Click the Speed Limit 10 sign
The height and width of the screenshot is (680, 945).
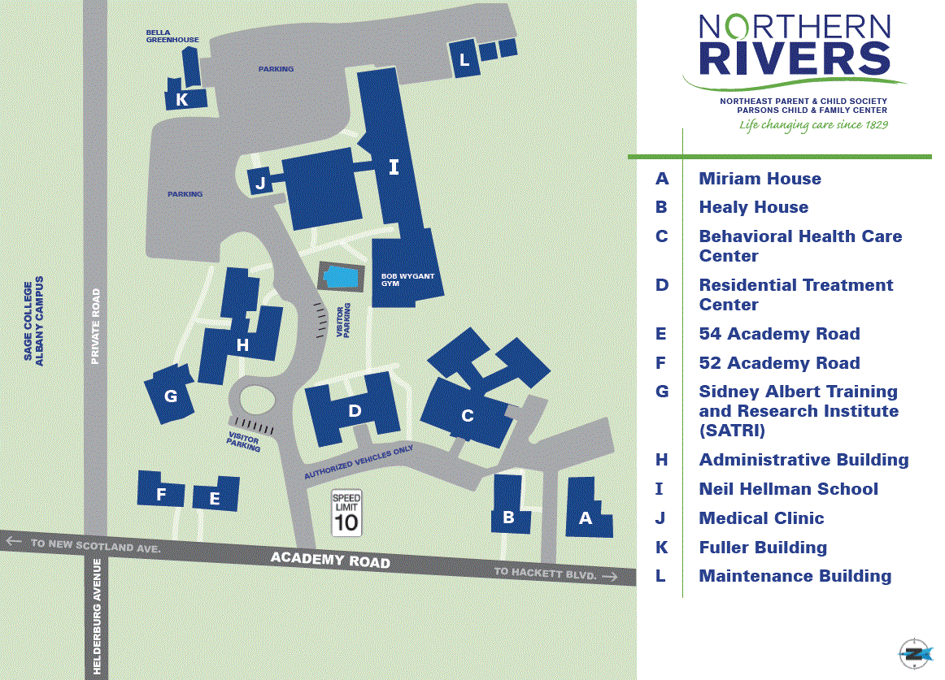click(x=346, y=513)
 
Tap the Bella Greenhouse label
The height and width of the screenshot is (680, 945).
click(x=172, y=36)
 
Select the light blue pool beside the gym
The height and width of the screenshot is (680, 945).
click(x=341, y=277)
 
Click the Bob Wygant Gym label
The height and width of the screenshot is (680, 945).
click(x=407, y=279)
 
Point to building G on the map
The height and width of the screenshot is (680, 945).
click(x=171, y=396)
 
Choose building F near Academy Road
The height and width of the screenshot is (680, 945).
click(x=161, y=493)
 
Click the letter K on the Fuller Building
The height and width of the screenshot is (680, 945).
click(x=181, y=100)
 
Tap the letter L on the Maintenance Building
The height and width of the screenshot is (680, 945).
click(x=464, y=60)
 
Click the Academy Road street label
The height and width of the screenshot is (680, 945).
click(x=330, y=559)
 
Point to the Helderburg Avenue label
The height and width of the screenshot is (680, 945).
click(x=96, y=618)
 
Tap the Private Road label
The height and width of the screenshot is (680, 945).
click(x=95, y=326)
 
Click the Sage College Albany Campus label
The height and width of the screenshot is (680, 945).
click(x=33, y=322)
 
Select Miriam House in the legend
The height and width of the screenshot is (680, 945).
click(x=760, y=179)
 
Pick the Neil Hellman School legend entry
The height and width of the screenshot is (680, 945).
click(x=788, y=489)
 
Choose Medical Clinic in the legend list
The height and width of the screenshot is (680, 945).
click(x=761, y=518)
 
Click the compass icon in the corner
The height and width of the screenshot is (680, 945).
click(x=916, y=652)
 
